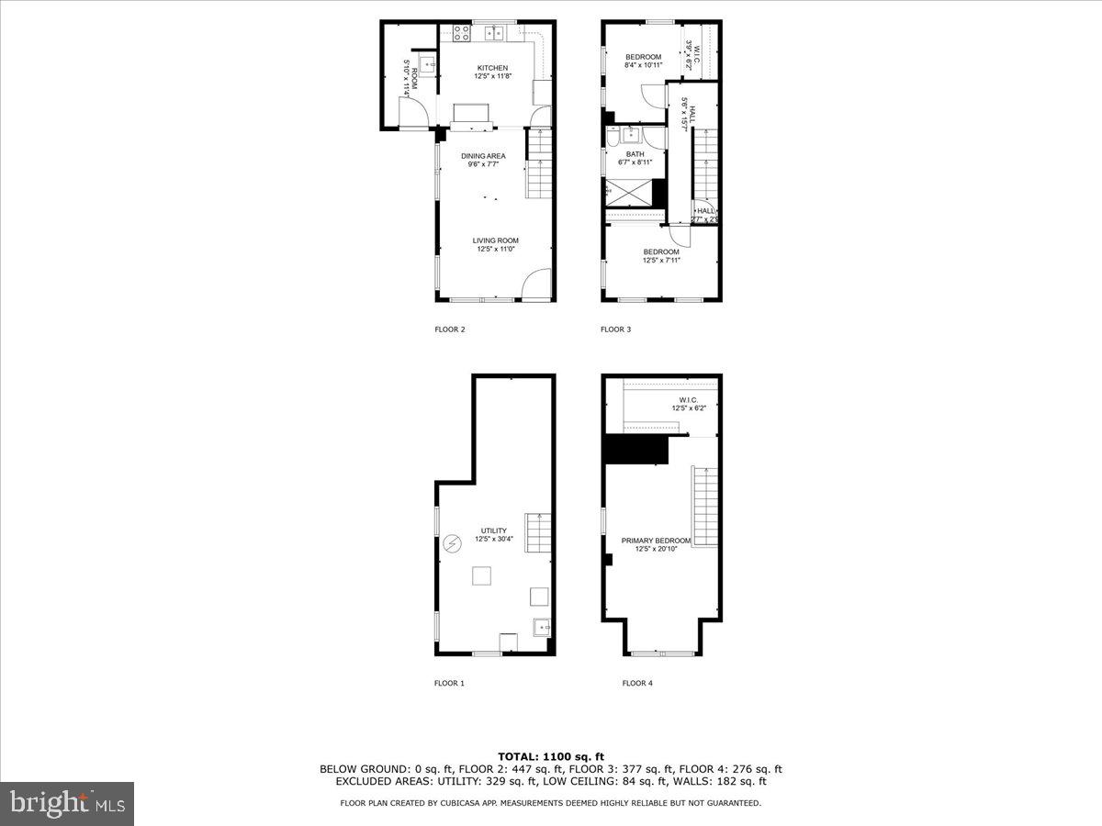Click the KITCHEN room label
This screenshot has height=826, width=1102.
click(x=492, y=68)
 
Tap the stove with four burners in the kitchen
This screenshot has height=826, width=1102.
click(x=462, y=33)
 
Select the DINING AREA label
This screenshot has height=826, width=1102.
click(x=483, y=156)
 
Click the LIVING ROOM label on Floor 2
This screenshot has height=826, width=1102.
click(x=496, y=240)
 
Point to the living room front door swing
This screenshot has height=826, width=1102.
click(x=535, y=284)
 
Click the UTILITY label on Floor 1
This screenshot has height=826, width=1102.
click(x=493, y=530)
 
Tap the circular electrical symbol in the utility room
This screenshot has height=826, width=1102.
click(x=451, y=544)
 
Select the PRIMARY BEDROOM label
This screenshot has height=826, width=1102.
click(x=655, y=541)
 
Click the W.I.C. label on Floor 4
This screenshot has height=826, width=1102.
click(x=689, y=400)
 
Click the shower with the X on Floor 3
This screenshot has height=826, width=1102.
click(x=629, y=194)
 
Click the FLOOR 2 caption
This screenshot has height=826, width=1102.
click(x=450, y=329)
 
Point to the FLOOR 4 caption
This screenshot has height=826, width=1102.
click(x=637, y=683)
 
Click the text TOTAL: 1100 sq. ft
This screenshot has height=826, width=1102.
click(x=550, y=756)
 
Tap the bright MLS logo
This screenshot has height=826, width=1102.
click(x=67, y=803)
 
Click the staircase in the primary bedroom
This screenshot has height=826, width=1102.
click(x=703, y=506)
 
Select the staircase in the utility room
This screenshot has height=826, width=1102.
click(x=537, y=532)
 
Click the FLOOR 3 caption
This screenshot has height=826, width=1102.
click(x=615, y=329)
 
